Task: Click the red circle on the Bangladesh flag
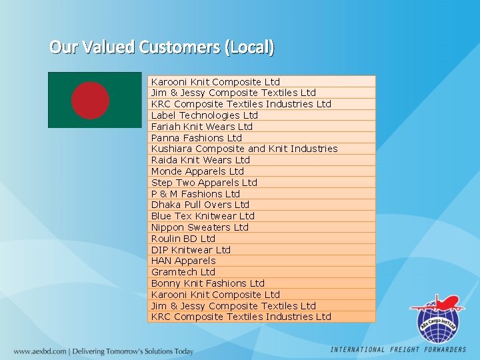pos(90,100)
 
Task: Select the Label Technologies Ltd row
pos(204,115)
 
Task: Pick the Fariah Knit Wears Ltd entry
pos(201,127)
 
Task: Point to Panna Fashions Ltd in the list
pos(196,138)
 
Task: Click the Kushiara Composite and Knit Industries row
pos(244,149)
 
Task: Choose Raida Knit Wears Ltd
pos(200,160)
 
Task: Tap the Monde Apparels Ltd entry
pos(197,171)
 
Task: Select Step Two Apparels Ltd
pos(203,183)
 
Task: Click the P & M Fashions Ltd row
pos(195,194)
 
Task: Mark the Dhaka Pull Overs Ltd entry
pos(200,205)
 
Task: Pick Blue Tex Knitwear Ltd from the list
pos(203,216)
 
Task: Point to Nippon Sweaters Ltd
pos(199,227)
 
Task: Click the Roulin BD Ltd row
pos(183,239)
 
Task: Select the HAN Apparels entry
pos(183,261)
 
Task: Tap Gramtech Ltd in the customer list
pos(183,272)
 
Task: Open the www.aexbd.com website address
pos(41,351)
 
